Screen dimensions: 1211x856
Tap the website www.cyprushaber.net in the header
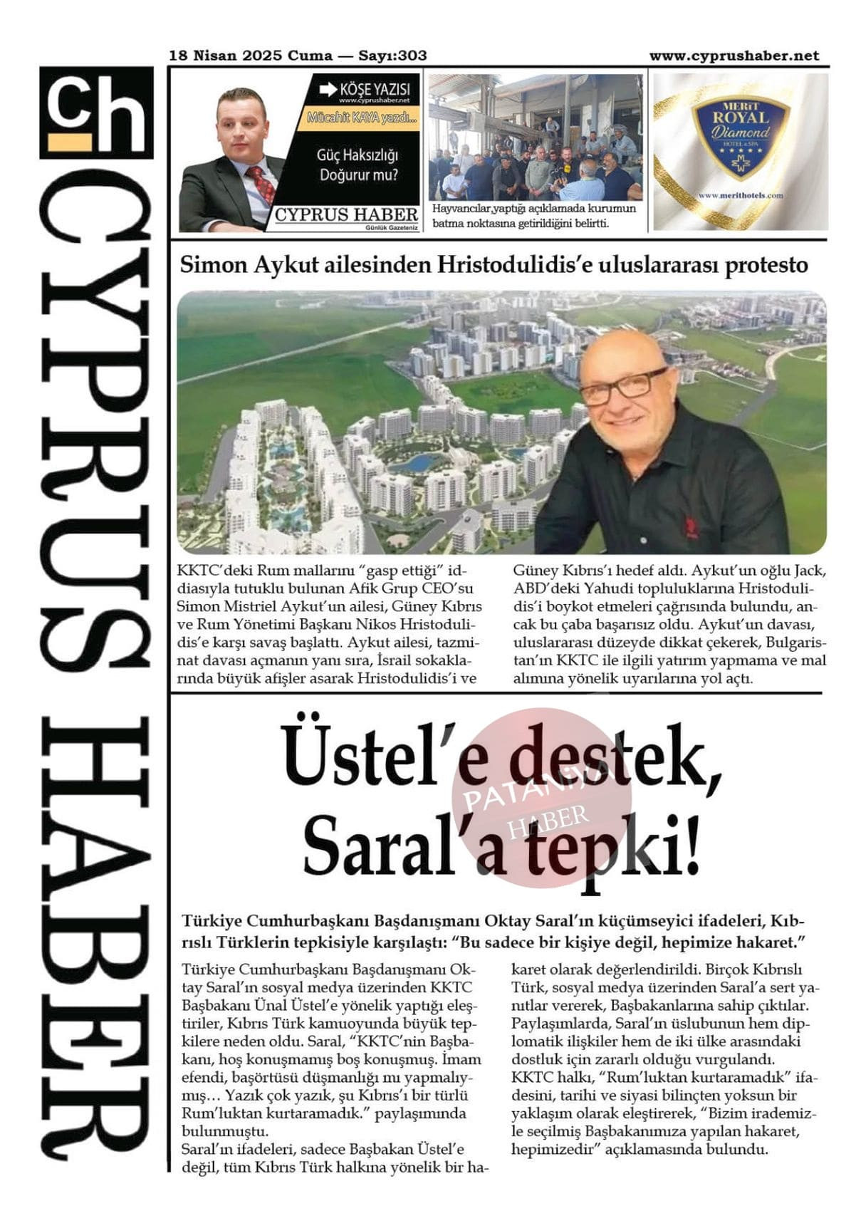coord(734,56)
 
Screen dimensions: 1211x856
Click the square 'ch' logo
coord(96,113)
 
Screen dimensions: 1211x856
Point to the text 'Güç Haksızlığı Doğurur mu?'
coord(358,165)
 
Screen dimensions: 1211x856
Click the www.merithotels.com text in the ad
coord(741,195)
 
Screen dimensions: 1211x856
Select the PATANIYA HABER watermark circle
coord(541,798)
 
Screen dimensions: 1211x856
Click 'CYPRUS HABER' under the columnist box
coord(347,214)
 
